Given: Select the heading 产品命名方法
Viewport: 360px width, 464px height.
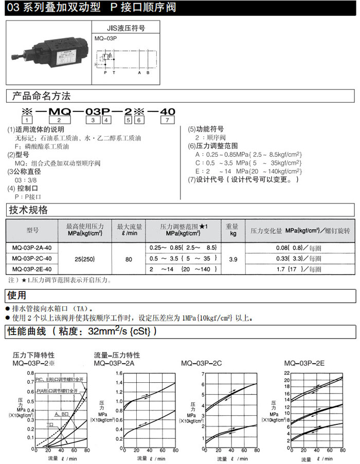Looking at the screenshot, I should pos(41,96).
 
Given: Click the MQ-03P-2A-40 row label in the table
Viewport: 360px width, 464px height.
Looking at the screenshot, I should pos(31,247).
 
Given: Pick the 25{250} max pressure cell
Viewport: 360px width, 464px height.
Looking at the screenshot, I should pos(85,258).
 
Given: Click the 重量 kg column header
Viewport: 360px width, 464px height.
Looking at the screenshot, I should pos(232,230).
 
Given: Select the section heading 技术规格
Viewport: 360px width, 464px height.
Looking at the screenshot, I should pos(29,210).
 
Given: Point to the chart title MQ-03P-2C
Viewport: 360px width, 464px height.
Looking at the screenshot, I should pos(202,363).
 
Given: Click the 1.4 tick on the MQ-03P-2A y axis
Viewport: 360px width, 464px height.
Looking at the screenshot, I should pos(119,383).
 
